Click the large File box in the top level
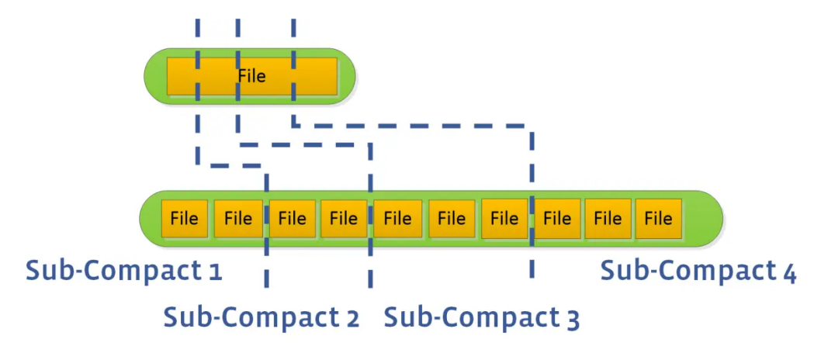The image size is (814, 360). click(252, 76)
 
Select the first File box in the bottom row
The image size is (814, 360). click(184, 219)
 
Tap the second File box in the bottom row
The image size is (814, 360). click(237, 219)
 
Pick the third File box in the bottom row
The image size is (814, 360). click(292, 219)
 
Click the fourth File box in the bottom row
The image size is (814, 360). click(344, 219)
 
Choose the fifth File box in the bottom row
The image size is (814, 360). click(397, 219)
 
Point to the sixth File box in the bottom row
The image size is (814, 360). click(451, 219)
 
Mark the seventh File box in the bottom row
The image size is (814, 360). click(504, 219)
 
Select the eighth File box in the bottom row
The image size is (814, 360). click(557, 219)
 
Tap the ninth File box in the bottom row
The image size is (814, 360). click(608, 219)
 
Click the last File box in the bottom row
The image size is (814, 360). click(658, 219)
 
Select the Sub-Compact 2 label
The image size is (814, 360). click(262, 317)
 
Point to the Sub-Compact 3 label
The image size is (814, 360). click(482, 317)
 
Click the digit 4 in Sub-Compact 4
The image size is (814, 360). click(789, 272)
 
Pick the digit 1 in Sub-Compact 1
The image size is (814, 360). click(215, 272)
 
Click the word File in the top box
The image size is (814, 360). click(252, 76)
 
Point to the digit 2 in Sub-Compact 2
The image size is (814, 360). click(352, 318)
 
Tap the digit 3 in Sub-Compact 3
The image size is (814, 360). click(573, 319)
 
